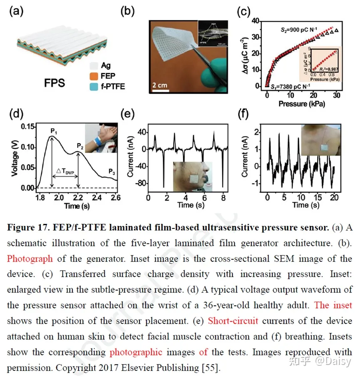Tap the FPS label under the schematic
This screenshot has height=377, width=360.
(55, 82)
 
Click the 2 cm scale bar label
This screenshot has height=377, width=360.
(159, 85)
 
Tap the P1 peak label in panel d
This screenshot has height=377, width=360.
(54, 131)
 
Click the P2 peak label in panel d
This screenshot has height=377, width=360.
(79, 146)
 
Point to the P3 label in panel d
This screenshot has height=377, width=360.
(112, 171)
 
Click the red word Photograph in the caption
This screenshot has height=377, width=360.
(29, 259)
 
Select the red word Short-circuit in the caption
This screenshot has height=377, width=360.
(233, 321)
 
